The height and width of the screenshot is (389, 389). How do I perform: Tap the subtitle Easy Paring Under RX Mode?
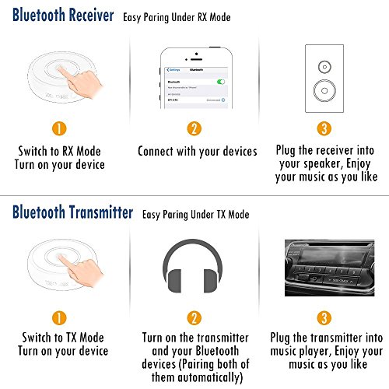tap(187, 17)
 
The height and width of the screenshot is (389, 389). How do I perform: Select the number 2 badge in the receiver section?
tap(197, 129)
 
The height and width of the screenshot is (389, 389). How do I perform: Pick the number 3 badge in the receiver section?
tap(326, 129)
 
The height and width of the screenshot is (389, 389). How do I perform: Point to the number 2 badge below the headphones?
tap(197, 317)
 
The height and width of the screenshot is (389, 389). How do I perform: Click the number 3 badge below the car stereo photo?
tap(326, 317)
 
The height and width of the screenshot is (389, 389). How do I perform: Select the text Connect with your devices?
tap(197, 151)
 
